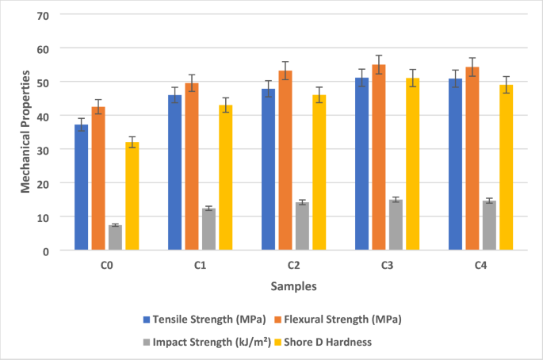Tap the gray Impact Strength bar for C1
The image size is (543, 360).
[208, 229]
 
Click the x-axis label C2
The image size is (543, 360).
[293, 264]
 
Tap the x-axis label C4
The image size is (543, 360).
[480, 264]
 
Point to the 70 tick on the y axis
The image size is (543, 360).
[43, 15]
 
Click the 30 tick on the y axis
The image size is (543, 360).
[43, 150]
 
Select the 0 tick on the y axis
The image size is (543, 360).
[46, 251]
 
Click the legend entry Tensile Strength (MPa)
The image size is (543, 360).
[203, 320]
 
